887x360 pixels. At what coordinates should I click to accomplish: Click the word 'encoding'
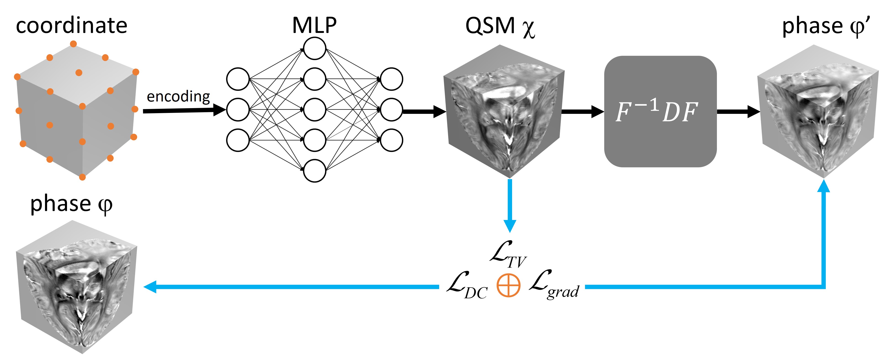point(178,97)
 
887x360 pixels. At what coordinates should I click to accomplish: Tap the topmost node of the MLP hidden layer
point(314,48)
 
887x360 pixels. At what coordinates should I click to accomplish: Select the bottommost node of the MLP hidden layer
point(314,170)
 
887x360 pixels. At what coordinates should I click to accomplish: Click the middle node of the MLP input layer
point(238,109)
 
